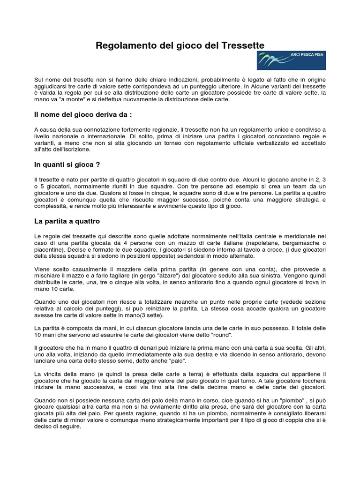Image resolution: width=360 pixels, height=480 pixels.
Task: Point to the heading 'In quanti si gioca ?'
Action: click(x=67, y=165)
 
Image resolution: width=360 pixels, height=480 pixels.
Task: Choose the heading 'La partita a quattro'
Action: click(x=67, y=220)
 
